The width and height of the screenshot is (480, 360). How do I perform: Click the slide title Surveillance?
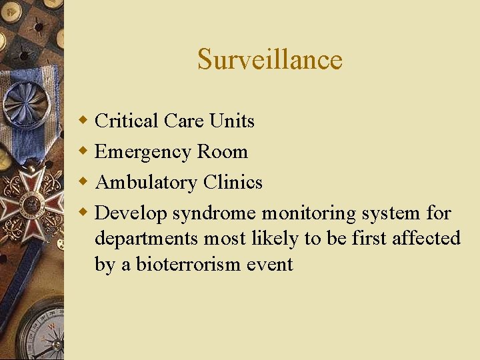[269, 59]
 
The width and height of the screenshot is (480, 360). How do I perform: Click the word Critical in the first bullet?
[127, 121]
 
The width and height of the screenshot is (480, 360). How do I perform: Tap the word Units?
[231, 121]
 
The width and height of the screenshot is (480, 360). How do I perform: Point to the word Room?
[223, 151]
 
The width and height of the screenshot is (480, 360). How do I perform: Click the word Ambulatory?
[146, 183]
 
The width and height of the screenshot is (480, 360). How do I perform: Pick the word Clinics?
[233, 182]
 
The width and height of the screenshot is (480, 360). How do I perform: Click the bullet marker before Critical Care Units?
[83, 121]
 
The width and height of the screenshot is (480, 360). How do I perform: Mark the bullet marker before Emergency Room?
[83, 151]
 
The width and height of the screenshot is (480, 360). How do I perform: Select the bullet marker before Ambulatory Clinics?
[83, 182]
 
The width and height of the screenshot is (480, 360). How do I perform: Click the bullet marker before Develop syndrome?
[83, 213]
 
